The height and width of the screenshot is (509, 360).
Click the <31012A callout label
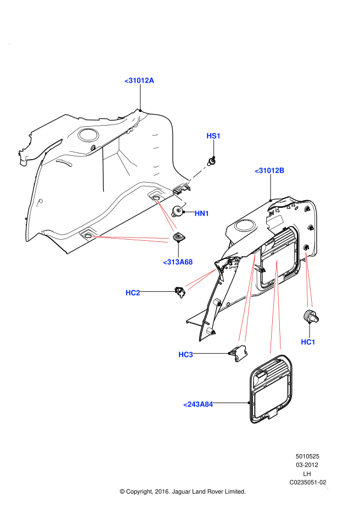[x=139, y=81]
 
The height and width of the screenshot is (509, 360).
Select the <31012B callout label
[x=269, y=171]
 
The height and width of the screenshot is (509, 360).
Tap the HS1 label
[x=213, y=135]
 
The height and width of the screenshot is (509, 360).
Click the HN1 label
[x=201, y=213]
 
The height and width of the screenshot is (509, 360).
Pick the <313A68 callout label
[x=178, y=262]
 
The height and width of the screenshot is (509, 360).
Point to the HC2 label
[x=133, y=293]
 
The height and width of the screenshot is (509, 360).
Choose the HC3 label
[x=185, y=355]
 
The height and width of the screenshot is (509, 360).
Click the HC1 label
[x=308, y=342]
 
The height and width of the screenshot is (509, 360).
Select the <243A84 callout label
[x=198, y=404]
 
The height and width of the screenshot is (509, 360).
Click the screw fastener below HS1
[x=212, y=161]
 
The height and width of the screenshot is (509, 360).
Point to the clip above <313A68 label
[x=178, y=237]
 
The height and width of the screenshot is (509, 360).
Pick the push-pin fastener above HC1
[x=311, y=317]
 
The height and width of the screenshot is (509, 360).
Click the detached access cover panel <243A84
[x=270, y=390]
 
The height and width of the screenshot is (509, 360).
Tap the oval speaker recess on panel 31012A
[x=88, y=134]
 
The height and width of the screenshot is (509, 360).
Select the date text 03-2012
[x=308, y=465]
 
